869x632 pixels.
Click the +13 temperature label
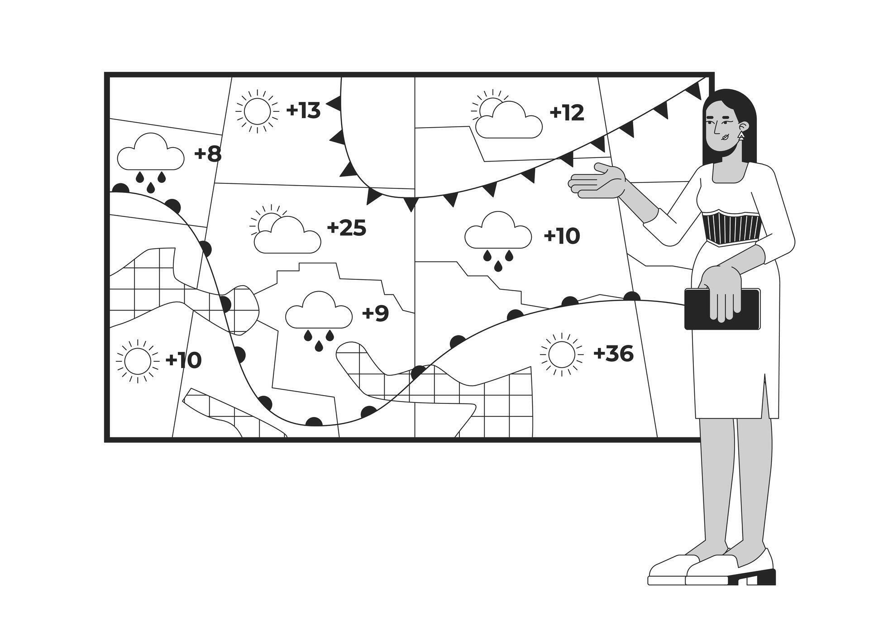(303, 110)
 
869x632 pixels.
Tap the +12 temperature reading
(567, 113)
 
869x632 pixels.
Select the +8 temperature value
(208, 154)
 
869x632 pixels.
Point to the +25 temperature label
(346, 228)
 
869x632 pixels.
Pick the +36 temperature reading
(613, 354)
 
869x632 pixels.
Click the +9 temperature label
(375, 313)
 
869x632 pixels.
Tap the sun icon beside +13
(257, 111)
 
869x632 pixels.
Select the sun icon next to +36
(561, 354)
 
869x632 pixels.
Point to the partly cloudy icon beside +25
(285, 231)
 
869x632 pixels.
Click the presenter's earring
(741, 136)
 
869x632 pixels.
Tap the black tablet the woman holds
(722, 309)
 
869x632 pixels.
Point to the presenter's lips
(723, 137)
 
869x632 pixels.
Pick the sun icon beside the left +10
(137, 361)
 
